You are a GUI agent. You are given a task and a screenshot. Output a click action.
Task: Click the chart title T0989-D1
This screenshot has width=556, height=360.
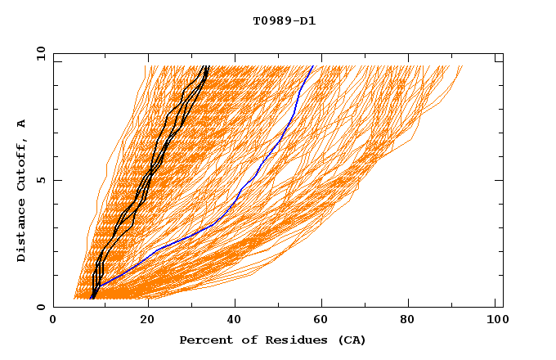pos(285,20)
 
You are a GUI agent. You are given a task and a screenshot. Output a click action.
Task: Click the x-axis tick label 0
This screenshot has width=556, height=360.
pos(53,321)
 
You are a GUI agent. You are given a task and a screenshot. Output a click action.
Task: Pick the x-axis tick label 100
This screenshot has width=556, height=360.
pos(496,321)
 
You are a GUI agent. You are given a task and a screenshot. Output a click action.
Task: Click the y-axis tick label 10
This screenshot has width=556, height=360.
pos(40,53)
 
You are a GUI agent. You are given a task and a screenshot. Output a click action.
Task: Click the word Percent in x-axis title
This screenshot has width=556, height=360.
pos(204,340)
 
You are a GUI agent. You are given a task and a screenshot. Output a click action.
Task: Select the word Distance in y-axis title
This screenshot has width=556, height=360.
pos(22,232)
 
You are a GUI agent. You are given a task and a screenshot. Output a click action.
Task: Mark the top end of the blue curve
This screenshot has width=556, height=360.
pos(313,66)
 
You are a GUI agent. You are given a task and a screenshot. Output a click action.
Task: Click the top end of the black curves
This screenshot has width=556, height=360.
pos(207,66)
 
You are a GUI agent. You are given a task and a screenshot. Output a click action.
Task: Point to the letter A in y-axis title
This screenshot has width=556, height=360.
pos(22,124)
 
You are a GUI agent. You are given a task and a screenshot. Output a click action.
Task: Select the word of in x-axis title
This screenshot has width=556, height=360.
pos(244,340)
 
